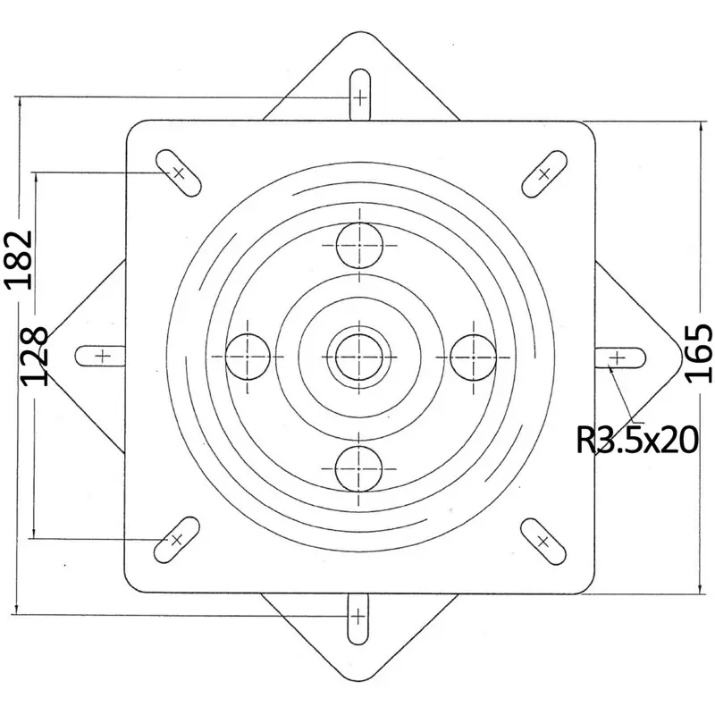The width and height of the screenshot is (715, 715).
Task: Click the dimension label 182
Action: (19, 260)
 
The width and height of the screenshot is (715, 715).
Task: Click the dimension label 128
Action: (35, 356)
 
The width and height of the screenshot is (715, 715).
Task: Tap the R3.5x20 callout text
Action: (637, 440)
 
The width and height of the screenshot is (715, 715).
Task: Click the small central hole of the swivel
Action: (359, 357)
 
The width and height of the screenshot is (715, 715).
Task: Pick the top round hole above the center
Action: (359, 245)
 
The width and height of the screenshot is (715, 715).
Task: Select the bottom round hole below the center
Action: (358, 468)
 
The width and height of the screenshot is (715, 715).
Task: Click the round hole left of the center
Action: (248, 357)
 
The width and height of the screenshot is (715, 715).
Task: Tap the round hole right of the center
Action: (473, 357)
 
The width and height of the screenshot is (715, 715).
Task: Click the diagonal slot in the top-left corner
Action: (178, 172)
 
